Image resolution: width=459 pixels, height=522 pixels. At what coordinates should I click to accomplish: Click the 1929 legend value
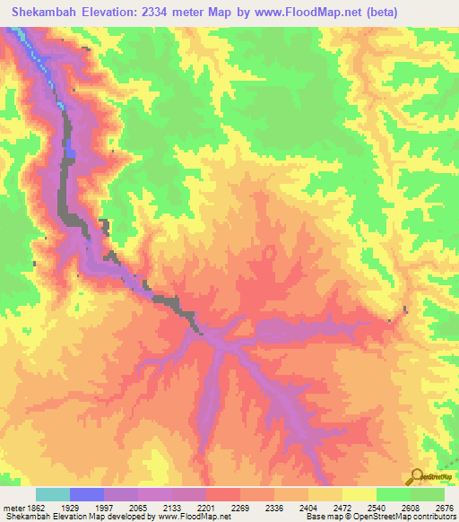point(69,508)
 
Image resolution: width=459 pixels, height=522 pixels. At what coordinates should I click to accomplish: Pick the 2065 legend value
point(137,508)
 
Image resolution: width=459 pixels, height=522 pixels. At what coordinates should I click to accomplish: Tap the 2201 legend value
point(205,508)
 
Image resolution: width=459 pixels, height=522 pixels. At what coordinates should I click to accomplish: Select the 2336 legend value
point(273,508)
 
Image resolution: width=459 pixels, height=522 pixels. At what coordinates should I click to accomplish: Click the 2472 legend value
point(342,508)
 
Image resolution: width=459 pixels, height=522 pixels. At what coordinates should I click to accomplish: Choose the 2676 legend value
point(446,508)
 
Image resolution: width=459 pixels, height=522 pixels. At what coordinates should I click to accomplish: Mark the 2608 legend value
point(410,508)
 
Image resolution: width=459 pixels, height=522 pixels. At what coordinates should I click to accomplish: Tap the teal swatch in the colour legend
point(53,494)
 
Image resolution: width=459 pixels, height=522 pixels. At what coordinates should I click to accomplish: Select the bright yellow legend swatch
point(359,494)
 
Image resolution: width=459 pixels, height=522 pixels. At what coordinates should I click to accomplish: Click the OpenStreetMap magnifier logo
point(418,476)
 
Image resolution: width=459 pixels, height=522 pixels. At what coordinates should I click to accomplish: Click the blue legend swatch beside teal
point(87,494)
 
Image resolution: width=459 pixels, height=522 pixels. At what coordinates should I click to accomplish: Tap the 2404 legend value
point(307,508)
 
